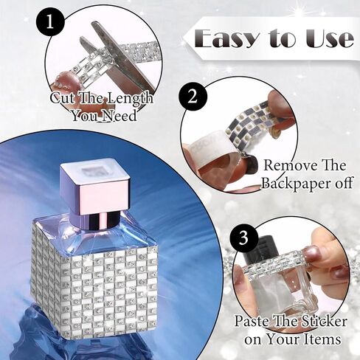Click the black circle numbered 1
point(51,22)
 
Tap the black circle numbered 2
point(193,97)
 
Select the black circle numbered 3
point(243,238)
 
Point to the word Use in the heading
point(330,39)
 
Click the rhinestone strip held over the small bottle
point(274,268)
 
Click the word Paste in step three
point(253,321)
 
